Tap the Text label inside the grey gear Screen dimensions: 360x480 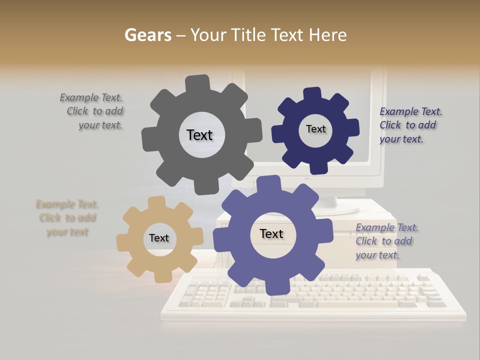pyautogui.click(x=199, y=135)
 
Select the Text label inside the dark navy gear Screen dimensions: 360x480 pyautogui.click(x=315, y=129)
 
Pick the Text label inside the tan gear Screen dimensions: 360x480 pyautogui.click(x=159, y=238)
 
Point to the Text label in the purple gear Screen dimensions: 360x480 pyautogui.click(x=271, y=233)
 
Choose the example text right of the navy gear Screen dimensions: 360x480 pyautogui.click(x=410, y=125)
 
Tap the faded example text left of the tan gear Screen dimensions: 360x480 pyautogui.click(x=67, y=218)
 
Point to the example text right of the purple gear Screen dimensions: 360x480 pyautogui.click(x=386, y=241)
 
